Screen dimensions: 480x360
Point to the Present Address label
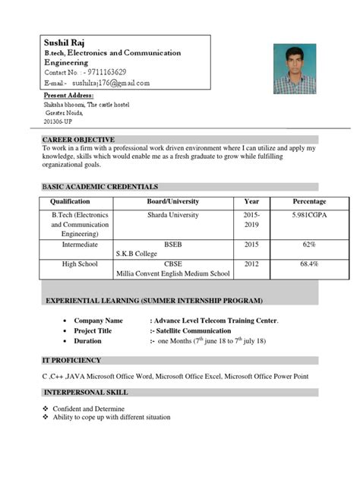tap(69, 96)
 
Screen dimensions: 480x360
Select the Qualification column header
tap(70, 201)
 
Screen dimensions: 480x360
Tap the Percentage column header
tap(309, 201)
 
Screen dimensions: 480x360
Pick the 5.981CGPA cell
tap(309, 216)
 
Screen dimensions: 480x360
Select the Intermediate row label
tap(70, 246)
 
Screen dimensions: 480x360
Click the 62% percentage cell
tap(309, 246)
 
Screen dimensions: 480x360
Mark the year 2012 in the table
tap(251, 264)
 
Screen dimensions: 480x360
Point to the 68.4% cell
tap(309, 264)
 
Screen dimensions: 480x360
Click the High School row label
tap(70, 264)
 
